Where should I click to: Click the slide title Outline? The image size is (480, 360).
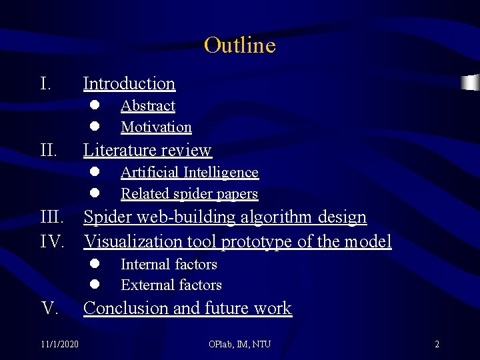239,45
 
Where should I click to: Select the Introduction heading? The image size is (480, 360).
129,83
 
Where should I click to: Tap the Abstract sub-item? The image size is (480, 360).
147,106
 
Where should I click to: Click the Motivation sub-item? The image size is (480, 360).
156,127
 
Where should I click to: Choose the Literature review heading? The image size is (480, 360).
147,150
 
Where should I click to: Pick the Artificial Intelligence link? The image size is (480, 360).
189,173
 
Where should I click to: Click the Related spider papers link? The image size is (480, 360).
189,194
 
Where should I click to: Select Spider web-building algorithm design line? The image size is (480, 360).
225,217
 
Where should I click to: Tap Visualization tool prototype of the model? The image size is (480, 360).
237,241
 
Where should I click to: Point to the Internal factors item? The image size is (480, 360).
169,265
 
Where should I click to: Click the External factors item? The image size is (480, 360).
171,285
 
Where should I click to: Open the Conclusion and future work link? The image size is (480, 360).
187,308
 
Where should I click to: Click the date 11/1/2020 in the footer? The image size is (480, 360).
59,344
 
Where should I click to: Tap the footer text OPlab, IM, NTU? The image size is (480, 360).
239,344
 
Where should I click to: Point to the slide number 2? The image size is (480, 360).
437,344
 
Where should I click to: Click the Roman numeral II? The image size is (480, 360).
49,150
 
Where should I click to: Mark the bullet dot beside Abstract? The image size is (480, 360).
95,105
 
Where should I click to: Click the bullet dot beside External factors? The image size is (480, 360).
95,285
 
